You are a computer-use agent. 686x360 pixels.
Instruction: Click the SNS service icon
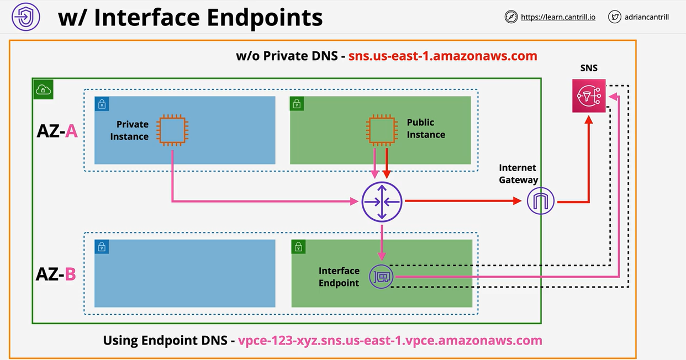tap(589, 96)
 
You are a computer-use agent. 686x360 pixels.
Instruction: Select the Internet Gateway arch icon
tap(540, 202)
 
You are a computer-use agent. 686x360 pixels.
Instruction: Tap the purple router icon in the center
tap(382, 202)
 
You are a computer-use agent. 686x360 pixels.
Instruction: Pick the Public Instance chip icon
tap(381, 130)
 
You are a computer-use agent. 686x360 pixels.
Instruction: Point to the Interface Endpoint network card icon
tap(381, 276)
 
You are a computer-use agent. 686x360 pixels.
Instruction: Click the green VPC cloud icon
tap(43, 89)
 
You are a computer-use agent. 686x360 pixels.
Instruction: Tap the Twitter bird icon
tap(615, 17)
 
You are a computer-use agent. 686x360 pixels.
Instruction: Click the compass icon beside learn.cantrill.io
tap(511, 17)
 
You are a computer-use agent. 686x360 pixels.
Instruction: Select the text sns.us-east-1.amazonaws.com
tap(442, 56)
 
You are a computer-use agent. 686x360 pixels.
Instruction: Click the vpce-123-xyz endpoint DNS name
tap(390, 340)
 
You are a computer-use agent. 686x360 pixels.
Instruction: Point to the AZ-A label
tap(57, 131)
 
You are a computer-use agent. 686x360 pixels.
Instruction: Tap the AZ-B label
tap(56, 274)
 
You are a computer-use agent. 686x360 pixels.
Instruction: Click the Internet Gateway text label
tap(518, 173)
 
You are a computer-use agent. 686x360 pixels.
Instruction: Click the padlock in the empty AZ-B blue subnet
tap(102, 247)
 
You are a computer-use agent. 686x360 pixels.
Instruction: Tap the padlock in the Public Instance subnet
tap(297, 103)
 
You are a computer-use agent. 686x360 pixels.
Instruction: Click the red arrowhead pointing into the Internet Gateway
tap(517, 202)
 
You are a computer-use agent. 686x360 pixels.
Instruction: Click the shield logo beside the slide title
tap(26, 17)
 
